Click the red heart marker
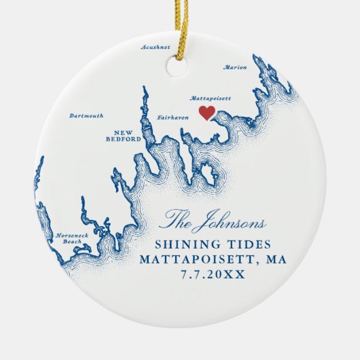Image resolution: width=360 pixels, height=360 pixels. tap(206, 112)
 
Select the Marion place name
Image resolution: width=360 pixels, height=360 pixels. tap(235, 67)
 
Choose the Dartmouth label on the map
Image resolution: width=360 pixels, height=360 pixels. tap(87, 116)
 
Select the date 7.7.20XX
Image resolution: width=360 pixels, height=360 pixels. tap(213, 274)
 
